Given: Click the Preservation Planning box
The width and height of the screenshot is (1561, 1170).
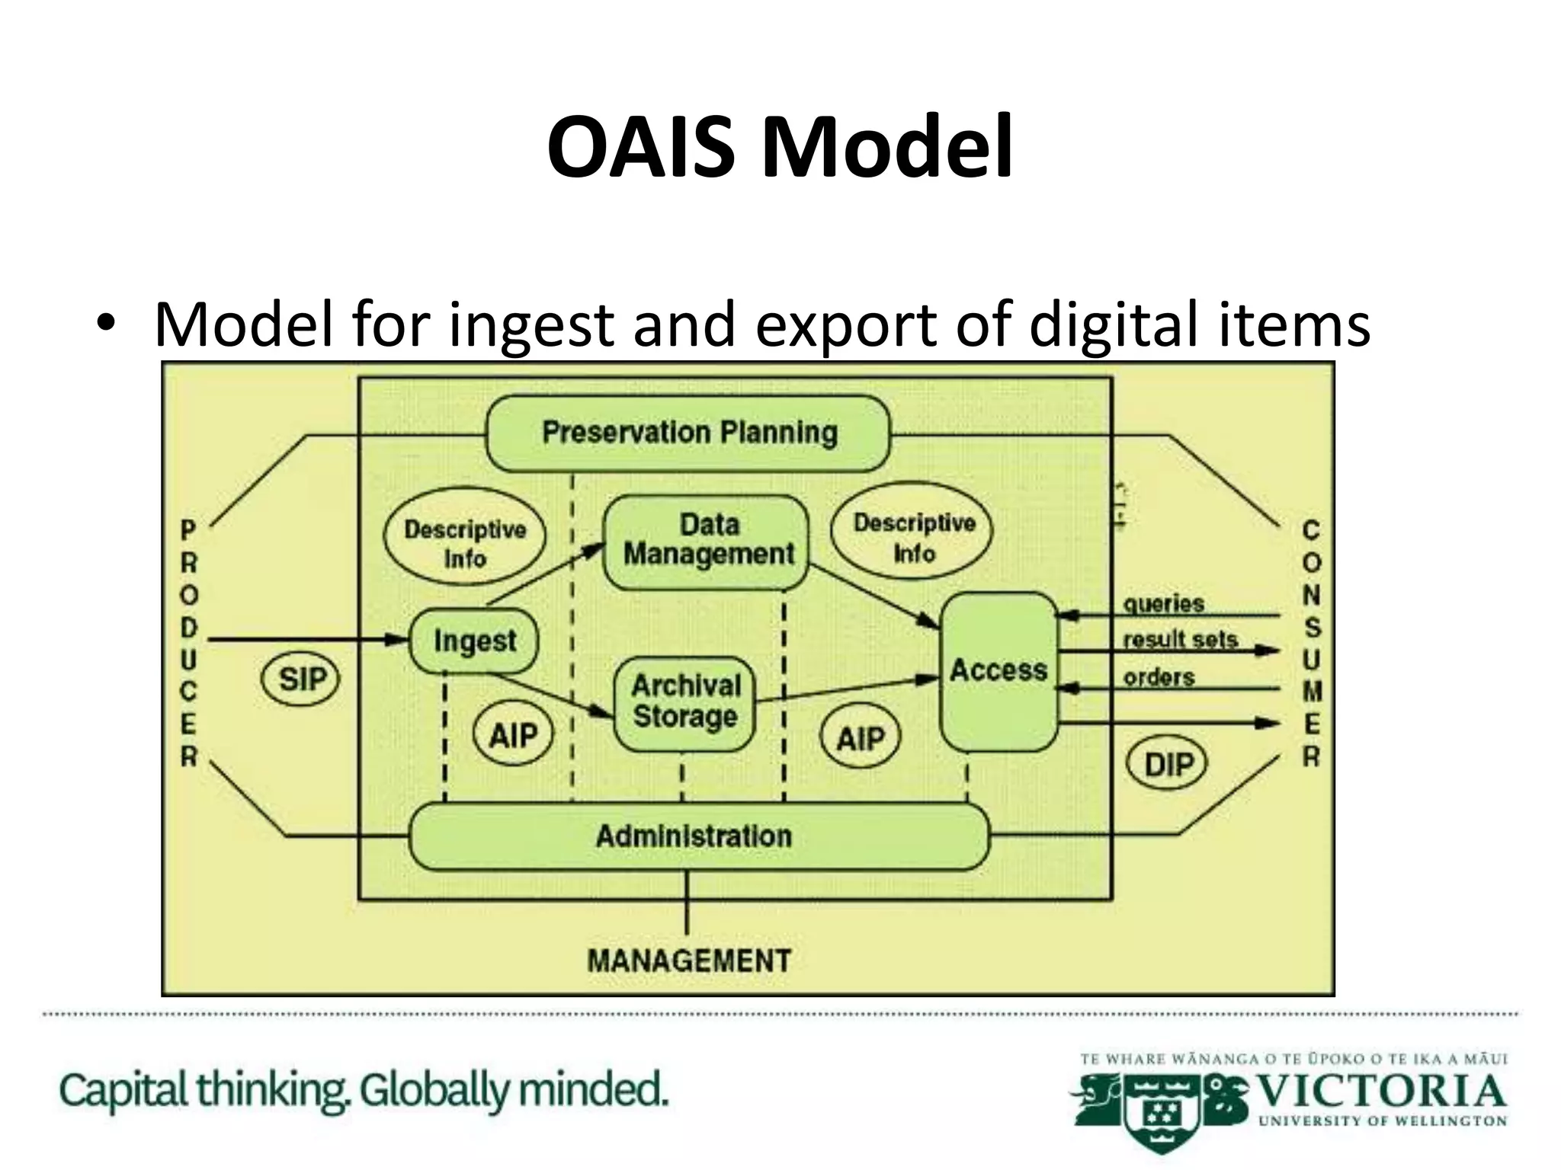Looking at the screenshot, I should point(688,433).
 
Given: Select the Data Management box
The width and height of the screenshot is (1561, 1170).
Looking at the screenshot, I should point(707,542).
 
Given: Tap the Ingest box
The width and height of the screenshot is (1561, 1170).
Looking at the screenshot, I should point(474,641).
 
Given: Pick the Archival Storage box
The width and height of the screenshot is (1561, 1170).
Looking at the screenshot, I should point(685,702).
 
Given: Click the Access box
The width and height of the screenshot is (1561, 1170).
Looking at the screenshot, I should point(998,671).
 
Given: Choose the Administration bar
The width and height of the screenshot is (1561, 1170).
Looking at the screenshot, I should point(697,836).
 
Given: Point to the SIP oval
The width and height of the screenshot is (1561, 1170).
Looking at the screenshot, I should point(301,679).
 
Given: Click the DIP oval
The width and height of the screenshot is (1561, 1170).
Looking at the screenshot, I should point(1167,763).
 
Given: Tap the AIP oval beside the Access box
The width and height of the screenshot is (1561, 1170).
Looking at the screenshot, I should point(861,737).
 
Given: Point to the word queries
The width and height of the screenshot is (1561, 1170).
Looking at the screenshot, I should point(1163,604).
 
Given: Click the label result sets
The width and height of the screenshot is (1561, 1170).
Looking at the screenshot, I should point(1179,640).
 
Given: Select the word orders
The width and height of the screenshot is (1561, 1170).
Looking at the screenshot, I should point(1158,677).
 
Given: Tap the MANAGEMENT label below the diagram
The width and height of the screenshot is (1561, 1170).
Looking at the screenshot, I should point(689,961).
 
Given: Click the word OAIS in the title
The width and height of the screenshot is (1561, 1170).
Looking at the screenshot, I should point(642,146).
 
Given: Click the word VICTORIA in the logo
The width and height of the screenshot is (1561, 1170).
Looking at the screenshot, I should point(1380,1091).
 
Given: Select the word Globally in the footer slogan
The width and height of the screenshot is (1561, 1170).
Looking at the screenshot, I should point(435,1091).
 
